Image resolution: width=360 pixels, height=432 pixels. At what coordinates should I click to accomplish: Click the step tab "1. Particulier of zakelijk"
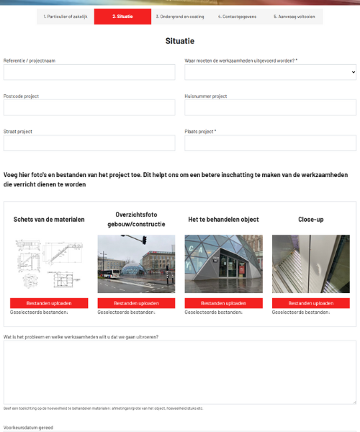click(x=66, y=16)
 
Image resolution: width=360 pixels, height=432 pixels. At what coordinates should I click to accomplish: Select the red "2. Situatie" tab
click(x=122, y=16)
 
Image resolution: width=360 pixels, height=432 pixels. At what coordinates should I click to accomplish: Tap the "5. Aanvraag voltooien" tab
click(x=294, y=16)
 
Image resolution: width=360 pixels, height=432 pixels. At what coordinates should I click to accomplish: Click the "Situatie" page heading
click(x=179, y=41)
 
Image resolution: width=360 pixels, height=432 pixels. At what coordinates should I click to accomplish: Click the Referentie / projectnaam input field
click(x=89, y=72)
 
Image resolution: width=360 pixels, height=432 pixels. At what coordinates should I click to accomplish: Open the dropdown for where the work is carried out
click(x=270, y=72)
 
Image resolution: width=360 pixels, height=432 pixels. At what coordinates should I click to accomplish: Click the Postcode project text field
click(x=89, y=107)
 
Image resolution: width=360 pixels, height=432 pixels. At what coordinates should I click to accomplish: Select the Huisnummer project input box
click(x=270, y=107)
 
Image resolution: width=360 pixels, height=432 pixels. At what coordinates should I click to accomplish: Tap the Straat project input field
click(x=89, y=143)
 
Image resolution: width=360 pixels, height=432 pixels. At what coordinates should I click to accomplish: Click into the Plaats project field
click(x=270, y=143)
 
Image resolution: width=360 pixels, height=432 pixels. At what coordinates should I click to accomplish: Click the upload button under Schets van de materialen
click(x=49, y=303)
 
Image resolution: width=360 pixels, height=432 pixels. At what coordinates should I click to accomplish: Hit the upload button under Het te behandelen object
click(x=223, y=303)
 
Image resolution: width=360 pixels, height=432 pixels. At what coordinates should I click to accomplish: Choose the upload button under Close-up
click(x=311, y=303)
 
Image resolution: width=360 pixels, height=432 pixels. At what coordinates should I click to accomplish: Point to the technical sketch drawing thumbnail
click(x=49, y=264)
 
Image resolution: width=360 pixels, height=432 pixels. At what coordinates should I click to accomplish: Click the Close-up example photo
click(x=311, y=264)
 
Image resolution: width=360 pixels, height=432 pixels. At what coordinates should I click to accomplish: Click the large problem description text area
click(x=179, y=372)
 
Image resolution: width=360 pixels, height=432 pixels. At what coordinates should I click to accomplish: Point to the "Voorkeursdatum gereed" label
click(x=28, y=428)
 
